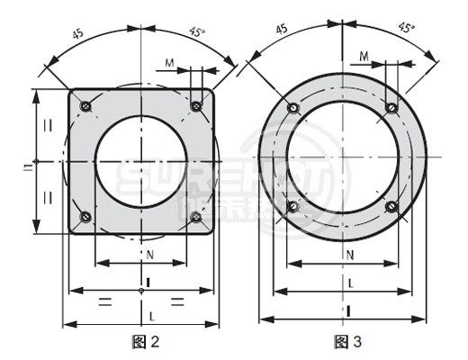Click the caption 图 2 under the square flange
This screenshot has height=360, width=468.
point(145,341)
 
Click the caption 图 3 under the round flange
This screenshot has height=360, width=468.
point(347,341)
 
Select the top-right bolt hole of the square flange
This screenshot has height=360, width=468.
point(196,107)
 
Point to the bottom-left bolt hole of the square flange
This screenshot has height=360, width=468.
point(85,216)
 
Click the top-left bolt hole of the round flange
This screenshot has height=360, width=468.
point(292,109)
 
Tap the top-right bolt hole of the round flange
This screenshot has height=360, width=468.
point(391,108)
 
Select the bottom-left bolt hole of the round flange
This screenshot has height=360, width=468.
point(292,206)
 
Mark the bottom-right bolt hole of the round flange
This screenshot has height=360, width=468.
point(391,206)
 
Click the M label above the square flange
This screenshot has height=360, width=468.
point(170,64)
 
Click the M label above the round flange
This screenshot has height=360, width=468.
point(364,57)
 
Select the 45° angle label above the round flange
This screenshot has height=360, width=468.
point(406,28)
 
